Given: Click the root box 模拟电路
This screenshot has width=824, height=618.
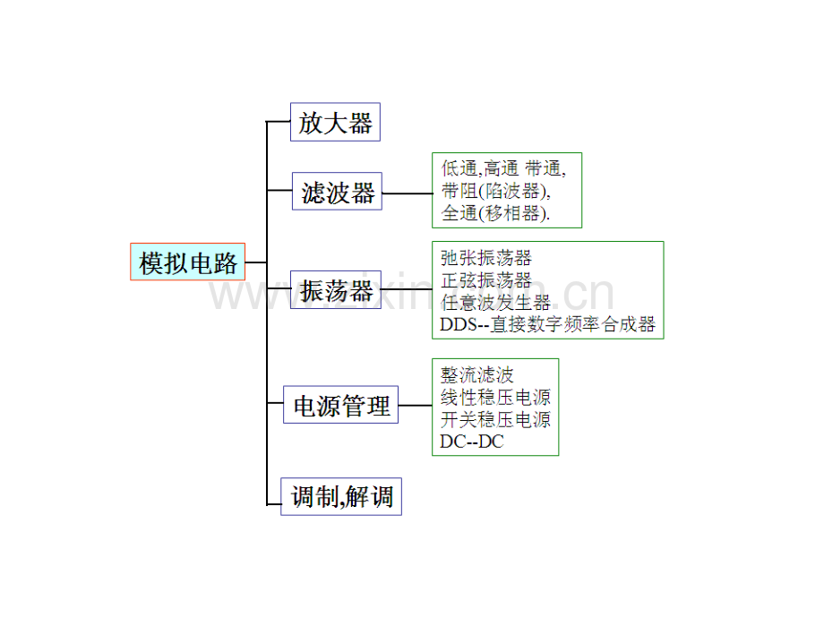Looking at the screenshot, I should (187, 262).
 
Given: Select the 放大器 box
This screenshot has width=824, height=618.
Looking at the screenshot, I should (335, 122).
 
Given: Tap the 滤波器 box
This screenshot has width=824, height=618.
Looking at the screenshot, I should (337, 192).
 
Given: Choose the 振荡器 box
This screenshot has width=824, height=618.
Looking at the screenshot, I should (336, 289).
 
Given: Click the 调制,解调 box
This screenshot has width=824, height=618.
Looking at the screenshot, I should (341, 495).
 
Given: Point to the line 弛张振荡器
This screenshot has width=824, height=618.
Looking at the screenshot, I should (486, 258).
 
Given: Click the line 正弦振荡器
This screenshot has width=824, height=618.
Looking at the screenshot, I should (486, 280).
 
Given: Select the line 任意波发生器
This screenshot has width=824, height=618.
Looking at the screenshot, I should (495, 303).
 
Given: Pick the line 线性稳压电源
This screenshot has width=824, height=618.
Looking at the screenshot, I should (495, 397).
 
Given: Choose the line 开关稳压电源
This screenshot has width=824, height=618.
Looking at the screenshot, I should (495, 419).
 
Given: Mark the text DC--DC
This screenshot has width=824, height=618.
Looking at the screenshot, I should (472, 441).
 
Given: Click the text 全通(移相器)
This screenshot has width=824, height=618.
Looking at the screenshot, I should (496, 213).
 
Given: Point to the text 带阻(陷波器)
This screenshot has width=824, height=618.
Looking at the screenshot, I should (495, 190).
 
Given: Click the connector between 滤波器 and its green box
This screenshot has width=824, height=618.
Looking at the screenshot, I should (407, 192).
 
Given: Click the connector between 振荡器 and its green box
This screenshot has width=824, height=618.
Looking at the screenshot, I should (407, 289).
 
